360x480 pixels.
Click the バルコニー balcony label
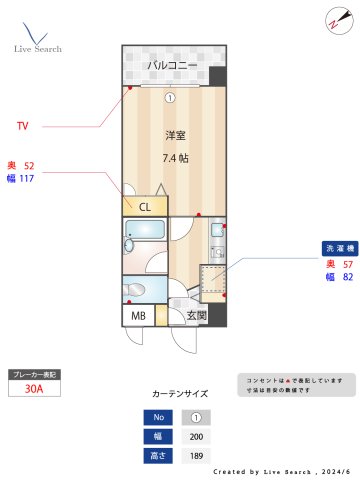pyautogui.click(x=172, y=66)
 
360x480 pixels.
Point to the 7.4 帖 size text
pyautogui.click(x=177, y=158)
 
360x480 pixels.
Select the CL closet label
pyautogui.click(x=145, y=207)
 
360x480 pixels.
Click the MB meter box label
pyautogui.click(x=139, y=316)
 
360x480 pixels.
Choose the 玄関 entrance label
pyautogui.click(x=196, y=316)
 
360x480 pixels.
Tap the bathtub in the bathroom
pyautogui.click(x=144, y=245)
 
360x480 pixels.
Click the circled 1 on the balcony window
pyautogui.click(x=170, y=97)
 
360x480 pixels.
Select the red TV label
pyautogui.click(x=22, y=126)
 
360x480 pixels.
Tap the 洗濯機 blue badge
pyautogui.click(x=335, y=248)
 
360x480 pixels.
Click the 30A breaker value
pyautogui.click(x=34, y=390)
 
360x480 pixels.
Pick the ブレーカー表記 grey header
pyautogui.click(x=34, y=374)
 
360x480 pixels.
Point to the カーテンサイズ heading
pyautogui.click(x=180, y=395)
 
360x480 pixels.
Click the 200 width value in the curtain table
pyautogui.click(x=196, y=437)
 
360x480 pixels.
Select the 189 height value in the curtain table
pyautogui.click(x=196, y=456)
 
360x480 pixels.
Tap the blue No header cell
pyautogui.click(x=157, y=418)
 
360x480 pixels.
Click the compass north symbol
pyautogui.click(x=334, y=20)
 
